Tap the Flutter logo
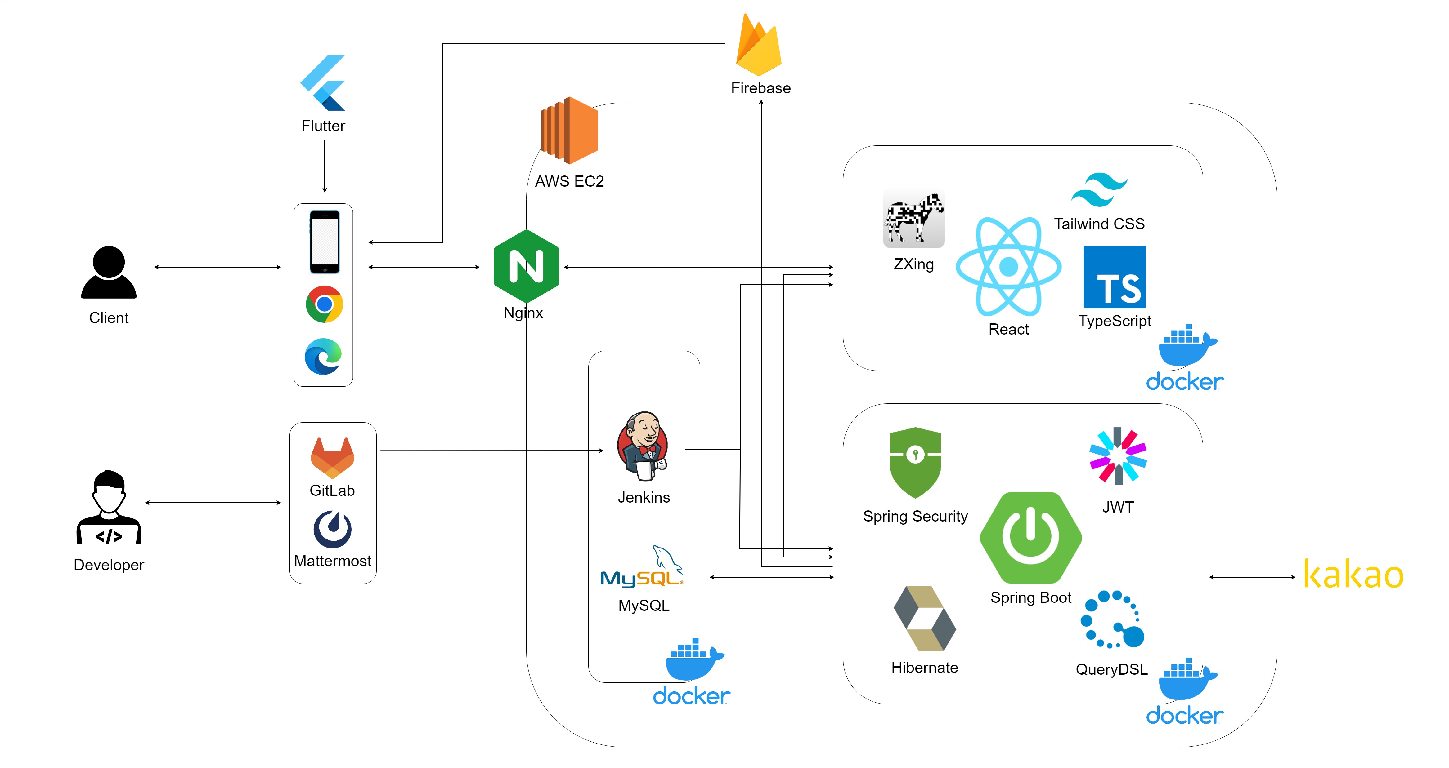[323, 83]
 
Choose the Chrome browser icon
[324, 304]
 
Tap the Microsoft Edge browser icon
[323, 357]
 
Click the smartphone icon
[325, 242]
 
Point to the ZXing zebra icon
[913, 219]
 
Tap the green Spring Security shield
[915, 462]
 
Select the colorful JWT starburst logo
[1118, 456]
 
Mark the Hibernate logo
[925, 619]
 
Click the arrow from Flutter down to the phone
[325, 166]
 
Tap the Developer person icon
[109, 507]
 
